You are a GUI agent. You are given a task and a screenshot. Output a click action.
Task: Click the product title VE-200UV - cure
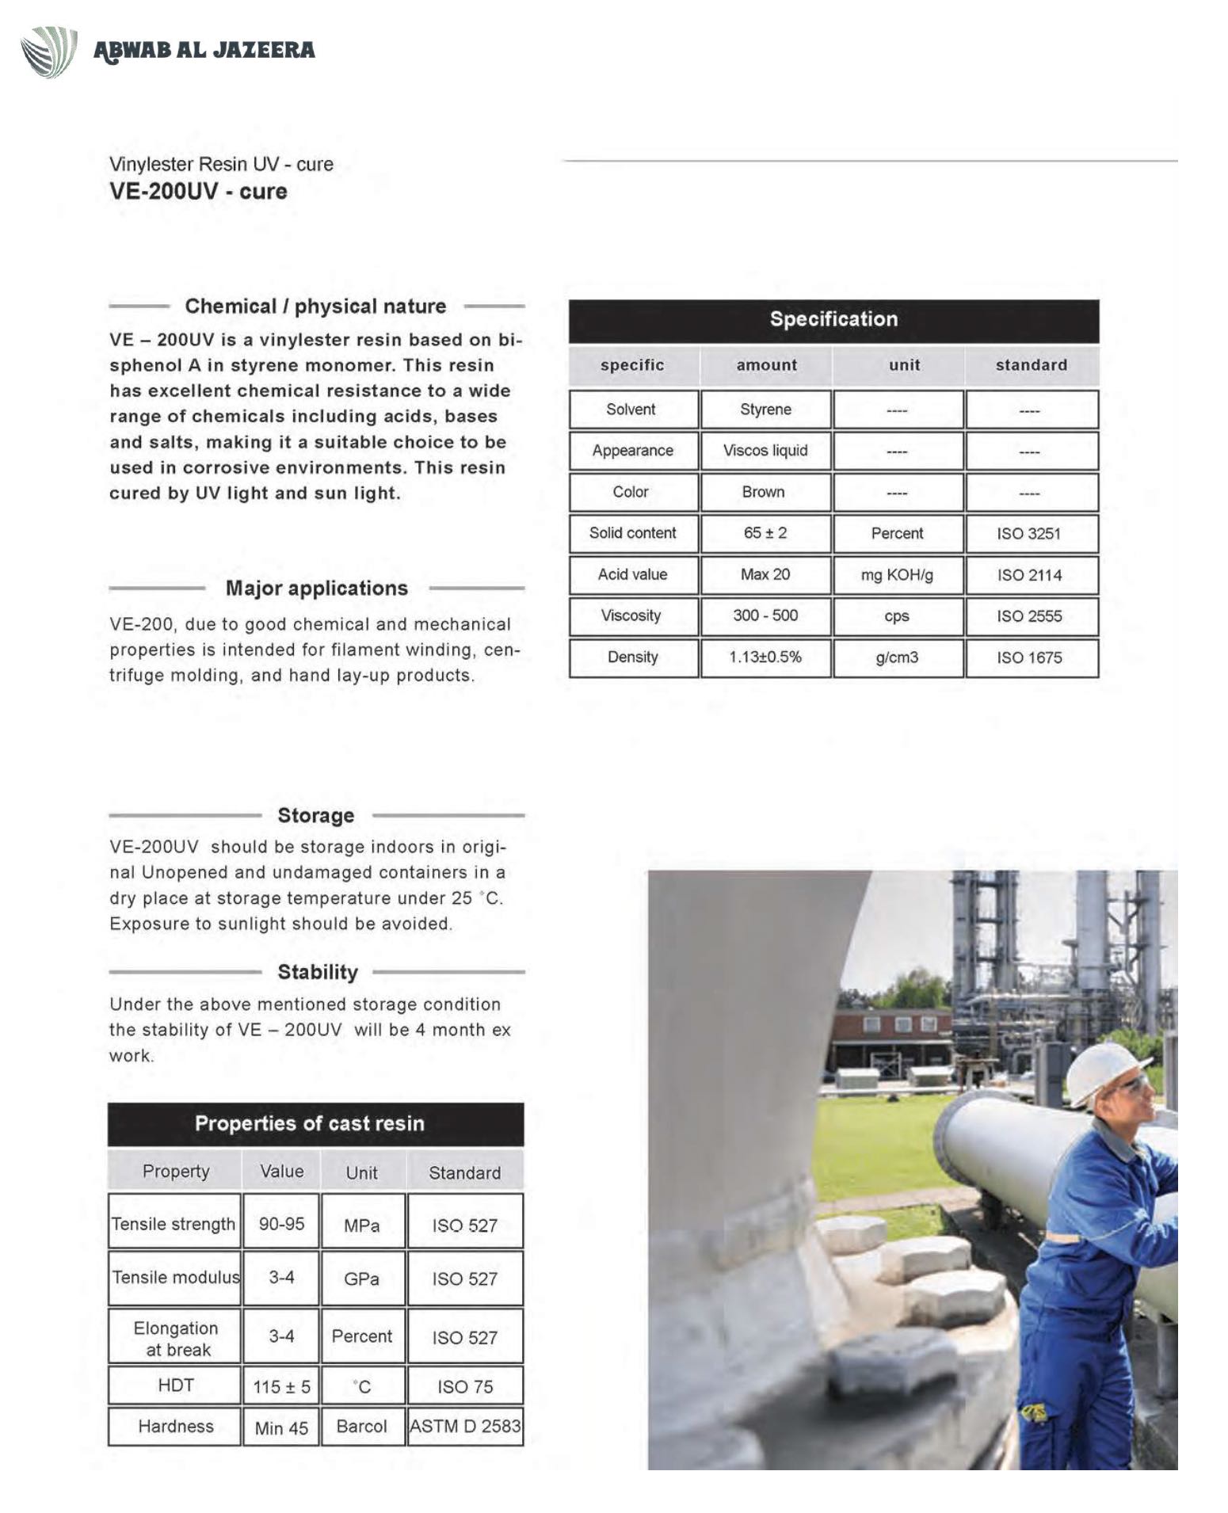pos(198,192)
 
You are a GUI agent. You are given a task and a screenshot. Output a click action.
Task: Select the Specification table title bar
pos(833,319)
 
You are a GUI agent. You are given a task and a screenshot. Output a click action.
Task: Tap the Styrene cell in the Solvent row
pos(765,410)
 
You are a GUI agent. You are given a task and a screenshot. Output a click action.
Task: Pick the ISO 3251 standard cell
pos(1028,534)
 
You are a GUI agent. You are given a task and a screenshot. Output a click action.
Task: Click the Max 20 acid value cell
pos(765,574)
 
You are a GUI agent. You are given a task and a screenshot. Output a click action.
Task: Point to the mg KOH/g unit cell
pos(897,575)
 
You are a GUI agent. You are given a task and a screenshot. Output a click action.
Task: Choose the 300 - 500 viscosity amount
pos(765,615)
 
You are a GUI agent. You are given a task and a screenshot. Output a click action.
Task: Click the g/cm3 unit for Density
pos(897,657)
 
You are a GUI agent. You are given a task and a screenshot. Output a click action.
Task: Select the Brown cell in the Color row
pos(763,492)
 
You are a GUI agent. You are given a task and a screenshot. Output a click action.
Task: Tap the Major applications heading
pos(317,589)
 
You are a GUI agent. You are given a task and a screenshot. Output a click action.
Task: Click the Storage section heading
pos(316,815)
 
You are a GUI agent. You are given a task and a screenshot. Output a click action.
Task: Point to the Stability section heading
pos(318,972)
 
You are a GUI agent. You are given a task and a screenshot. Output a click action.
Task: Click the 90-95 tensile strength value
pos(281,1224)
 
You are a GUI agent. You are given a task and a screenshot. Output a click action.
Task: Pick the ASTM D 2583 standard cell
pos(465,1427)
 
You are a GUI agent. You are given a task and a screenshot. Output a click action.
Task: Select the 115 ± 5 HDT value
pos(281,1387)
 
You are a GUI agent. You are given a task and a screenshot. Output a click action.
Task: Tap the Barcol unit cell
pos(362,1427)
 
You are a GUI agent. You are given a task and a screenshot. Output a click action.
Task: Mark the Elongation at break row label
pos(176,1338)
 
